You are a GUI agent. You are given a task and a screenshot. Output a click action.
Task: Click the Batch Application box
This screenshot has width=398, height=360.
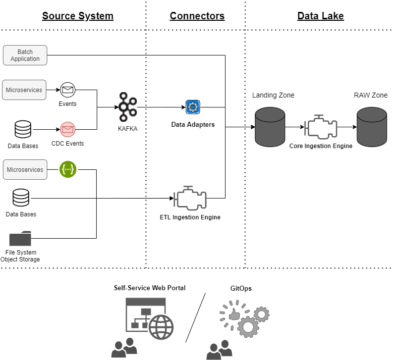click(25, 55)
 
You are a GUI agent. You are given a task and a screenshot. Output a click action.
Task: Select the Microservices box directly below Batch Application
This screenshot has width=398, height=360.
click(24, 90)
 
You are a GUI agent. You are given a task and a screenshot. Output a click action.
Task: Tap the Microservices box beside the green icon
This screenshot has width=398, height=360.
click(25, 169)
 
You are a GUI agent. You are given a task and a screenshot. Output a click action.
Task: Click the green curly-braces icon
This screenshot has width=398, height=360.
click(68, 169)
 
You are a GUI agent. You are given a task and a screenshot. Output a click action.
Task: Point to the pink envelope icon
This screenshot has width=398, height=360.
click(67, 130)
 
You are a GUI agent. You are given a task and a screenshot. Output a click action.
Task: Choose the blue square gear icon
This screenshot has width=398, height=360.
click(193, 107)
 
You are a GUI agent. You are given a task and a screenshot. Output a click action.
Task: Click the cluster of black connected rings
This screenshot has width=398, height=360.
click(127, 107)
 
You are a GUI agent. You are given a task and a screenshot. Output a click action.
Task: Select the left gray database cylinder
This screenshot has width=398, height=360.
click(270, 127)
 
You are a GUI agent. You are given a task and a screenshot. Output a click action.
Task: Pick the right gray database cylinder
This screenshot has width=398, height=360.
click(372, 127)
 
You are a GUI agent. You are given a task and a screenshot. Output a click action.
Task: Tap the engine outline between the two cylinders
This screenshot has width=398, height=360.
click(321, 127)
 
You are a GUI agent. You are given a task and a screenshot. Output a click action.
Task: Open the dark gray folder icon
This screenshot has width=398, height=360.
click(20, 239)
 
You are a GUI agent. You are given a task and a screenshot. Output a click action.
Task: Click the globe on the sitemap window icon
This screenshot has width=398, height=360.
click(161, 327)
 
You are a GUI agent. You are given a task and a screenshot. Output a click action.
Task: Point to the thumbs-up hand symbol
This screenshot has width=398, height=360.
click(234, 314)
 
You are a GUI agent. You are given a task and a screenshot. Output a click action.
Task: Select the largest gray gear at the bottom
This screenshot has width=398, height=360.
click(248, 327)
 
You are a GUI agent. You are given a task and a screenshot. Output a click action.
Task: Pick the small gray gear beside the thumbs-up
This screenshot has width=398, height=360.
click(261, 314)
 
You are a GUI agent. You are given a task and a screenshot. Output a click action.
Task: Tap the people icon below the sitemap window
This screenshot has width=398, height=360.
click(124, 348)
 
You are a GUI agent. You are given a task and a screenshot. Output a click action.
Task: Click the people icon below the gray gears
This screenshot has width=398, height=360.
click(219, 350)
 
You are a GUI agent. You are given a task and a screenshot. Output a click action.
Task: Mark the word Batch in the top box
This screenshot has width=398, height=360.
click(25, 52)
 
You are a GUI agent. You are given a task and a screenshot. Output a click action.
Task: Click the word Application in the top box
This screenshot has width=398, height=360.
click(25, 59)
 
